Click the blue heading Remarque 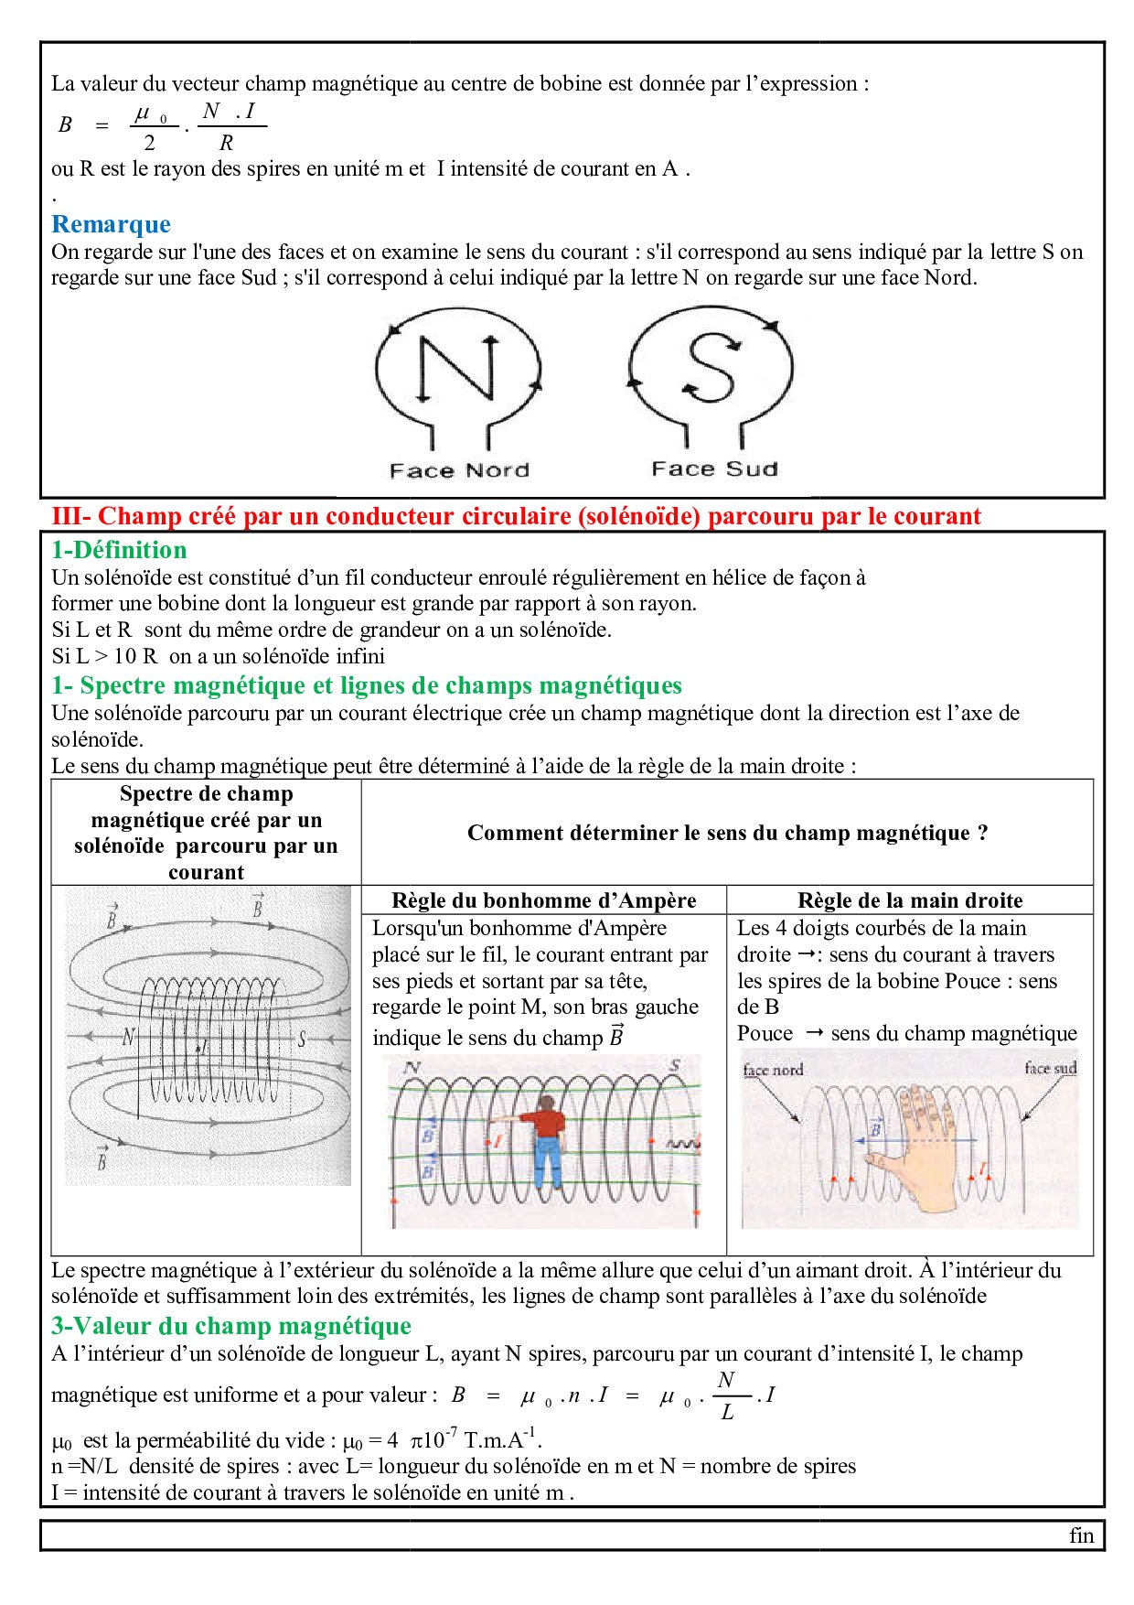111,224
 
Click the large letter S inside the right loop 711,367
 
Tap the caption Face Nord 459,470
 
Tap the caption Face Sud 714,469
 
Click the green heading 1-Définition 119,550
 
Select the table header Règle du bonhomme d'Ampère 543,900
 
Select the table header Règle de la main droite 909,900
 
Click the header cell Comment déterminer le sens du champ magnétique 727,833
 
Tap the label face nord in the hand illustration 773,1070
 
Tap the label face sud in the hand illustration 1051,1068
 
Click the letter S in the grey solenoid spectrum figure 302,1039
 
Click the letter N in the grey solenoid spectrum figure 128,1037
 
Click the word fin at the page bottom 1081,1535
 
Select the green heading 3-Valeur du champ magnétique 230,1326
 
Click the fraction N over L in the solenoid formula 727,1395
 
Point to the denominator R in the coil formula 226,143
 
